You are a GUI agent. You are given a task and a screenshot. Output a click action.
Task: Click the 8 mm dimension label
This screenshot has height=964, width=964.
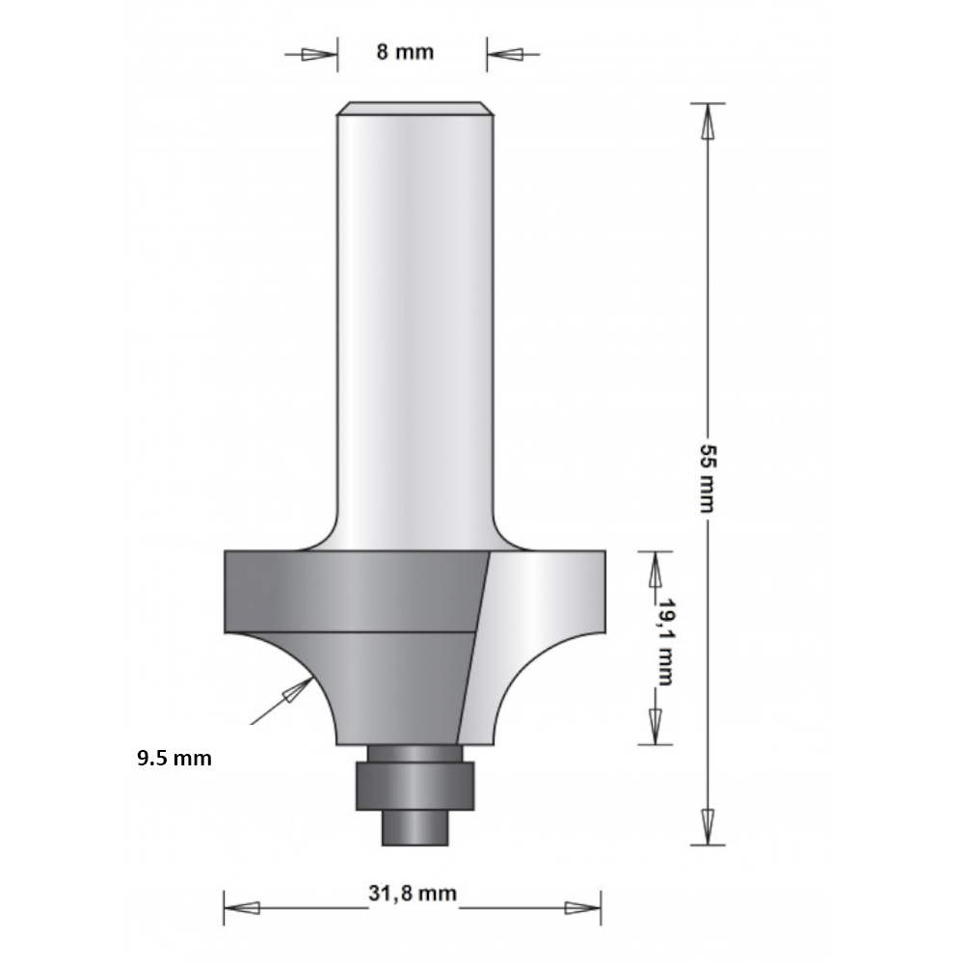coord(405,52)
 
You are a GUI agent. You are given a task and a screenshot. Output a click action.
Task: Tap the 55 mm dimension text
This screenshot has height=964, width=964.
coord(708,477)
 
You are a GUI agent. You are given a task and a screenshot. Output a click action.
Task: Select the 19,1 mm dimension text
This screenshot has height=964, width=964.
coord(665,642)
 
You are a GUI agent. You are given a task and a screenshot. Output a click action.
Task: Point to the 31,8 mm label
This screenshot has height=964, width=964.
coord(413,893)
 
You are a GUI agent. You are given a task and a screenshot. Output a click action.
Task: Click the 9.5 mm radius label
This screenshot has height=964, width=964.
coord(174,758)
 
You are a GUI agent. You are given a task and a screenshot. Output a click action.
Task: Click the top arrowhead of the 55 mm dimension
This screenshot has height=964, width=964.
coord(708,121)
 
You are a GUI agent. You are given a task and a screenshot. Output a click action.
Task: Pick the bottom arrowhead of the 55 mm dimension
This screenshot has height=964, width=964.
coord(708,826)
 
